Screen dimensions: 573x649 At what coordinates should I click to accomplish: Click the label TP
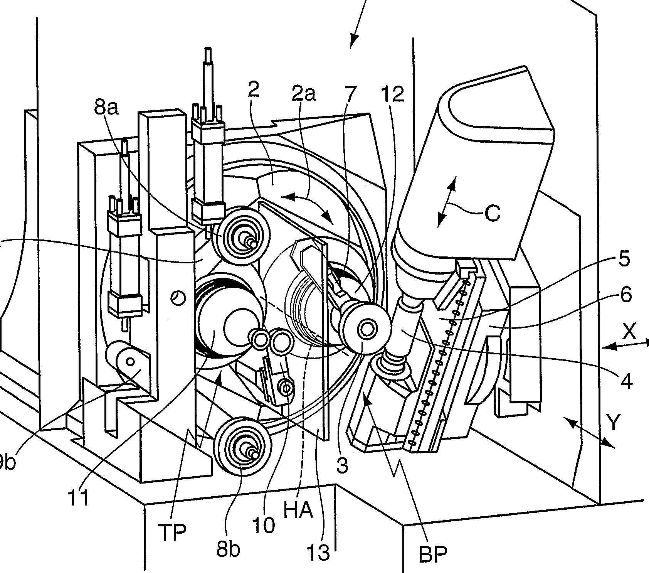(x=172, y=532)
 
